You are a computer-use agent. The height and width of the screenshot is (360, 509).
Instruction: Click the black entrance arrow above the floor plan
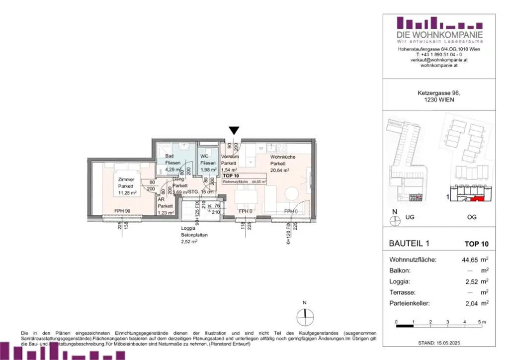point(234,131)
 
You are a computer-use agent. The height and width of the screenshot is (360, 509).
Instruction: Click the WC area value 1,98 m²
point(208,170)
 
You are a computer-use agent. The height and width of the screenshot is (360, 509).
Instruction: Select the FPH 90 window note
point(123,211)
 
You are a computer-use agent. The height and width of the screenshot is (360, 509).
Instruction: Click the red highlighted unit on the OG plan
point(477,199)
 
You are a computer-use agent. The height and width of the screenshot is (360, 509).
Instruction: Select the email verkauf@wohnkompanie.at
point(432,60)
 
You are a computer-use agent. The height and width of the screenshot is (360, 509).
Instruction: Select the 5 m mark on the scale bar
point(482,323)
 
